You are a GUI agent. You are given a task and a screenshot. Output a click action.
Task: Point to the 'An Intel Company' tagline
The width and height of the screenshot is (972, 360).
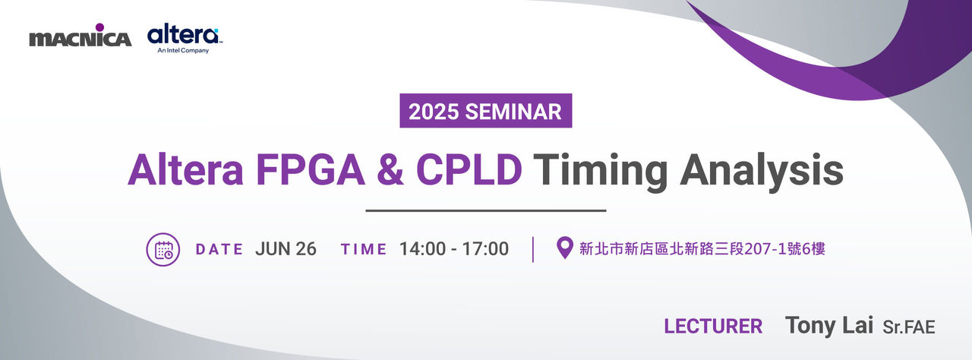(x=183, y=51)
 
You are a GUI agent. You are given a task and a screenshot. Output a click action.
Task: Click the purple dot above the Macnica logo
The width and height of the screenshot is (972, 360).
(x=99, y=27)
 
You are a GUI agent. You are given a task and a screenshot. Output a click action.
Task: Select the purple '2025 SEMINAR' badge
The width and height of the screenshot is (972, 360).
(x=485, y=111)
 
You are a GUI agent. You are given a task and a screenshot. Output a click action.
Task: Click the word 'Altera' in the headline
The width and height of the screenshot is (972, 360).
(x=185, y=170)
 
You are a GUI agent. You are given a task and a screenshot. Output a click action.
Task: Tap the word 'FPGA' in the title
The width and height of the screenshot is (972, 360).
(x=311, y=170)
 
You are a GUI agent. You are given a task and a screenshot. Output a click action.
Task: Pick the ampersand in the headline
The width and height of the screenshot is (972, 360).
(x=390, y=170)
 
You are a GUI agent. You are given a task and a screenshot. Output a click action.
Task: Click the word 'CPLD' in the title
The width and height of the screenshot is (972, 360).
(x=469, y=170)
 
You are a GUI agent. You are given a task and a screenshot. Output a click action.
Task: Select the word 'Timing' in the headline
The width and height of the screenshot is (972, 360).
(x=601, y=172)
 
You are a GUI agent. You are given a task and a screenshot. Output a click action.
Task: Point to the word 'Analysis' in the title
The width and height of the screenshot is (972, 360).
(x=762, y=172)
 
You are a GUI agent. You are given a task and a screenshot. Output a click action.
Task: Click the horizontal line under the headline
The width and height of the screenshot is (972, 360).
(x=485, y=211)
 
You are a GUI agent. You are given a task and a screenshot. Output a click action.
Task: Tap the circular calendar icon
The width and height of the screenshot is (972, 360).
(x=163, y=249)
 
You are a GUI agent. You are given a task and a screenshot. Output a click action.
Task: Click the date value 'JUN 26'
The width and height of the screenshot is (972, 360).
(x=286, y=249)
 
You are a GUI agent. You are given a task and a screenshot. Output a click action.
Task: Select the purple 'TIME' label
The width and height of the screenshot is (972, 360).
(x=364, y=249)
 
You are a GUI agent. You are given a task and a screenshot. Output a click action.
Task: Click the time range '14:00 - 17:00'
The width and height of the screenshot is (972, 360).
(x=454, y=249)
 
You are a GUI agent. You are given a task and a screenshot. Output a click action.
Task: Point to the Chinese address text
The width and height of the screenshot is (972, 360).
(x=702, y=249)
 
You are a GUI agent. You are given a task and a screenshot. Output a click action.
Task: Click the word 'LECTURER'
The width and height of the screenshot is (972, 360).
(x=713, y=326)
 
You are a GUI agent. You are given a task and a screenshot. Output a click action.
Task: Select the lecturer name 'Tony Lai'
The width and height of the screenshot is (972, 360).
(x=829, y=325)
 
